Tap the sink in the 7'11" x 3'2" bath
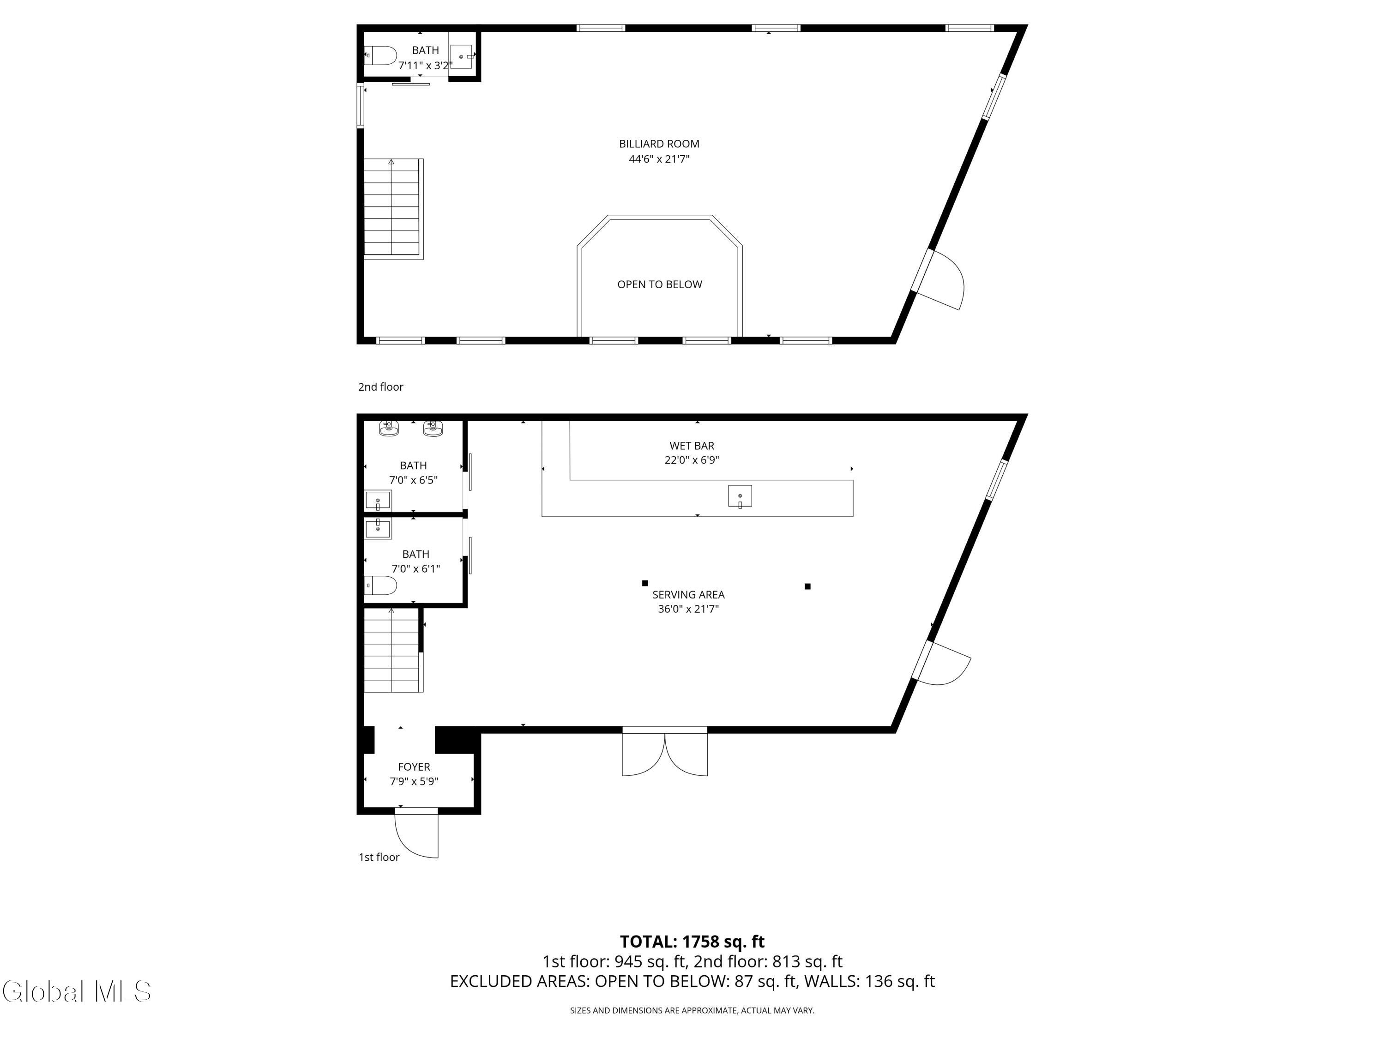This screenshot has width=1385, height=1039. (x=462, y=56)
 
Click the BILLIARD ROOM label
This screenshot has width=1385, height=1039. (x=659, y=144)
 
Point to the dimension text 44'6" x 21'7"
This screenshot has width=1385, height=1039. (x=659, y=159)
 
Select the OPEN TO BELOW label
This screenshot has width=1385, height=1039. (x=659, y=284)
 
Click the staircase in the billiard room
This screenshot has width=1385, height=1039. (x=394, y=209)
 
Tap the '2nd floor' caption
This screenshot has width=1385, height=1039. (x=381, y=387)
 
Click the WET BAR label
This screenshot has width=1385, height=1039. (x=692, y=446)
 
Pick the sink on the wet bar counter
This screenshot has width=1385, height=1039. (x=740, y=496)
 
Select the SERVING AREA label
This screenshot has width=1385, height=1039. (x=688, y=595)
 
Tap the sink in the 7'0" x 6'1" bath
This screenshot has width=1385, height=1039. (x=378, y=529)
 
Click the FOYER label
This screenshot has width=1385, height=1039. (x=414, y=767)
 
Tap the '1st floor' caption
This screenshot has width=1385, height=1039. (x=379, y=858)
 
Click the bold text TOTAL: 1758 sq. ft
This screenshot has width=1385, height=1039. (x=692, y=942)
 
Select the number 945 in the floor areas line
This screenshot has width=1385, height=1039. (x=628, y=962)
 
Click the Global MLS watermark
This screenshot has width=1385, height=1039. (x=76, y=992)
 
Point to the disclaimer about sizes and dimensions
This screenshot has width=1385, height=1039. (x=692, y=1011)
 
